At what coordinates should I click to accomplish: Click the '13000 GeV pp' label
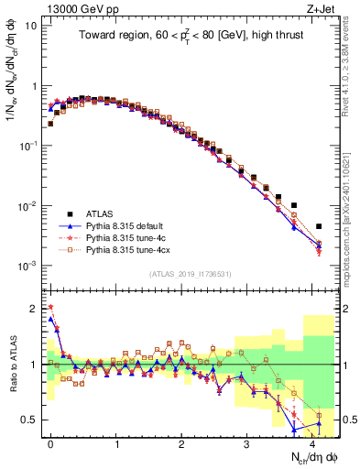point(74,8)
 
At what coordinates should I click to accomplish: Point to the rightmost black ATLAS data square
point(319,226)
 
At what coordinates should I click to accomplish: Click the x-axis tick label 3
point(247,442)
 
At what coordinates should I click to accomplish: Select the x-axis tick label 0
point(50,442)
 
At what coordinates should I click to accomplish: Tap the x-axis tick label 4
point(312,442)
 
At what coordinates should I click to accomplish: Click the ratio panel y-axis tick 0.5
point(32,420)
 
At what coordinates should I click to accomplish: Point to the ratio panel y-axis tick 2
point(35,308)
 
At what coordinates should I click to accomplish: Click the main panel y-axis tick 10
point(30,26)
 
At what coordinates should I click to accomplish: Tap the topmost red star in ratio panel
point(50,308)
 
